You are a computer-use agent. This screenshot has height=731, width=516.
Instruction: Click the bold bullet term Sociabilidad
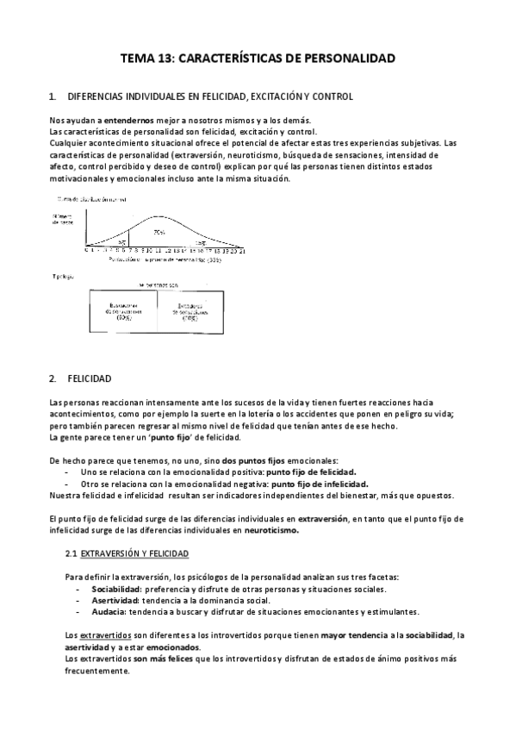point(118,589)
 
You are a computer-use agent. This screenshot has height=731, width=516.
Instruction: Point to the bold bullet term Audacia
point(109,611)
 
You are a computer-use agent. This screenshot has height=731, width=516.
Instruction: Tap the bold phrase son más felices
point(159,659)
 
